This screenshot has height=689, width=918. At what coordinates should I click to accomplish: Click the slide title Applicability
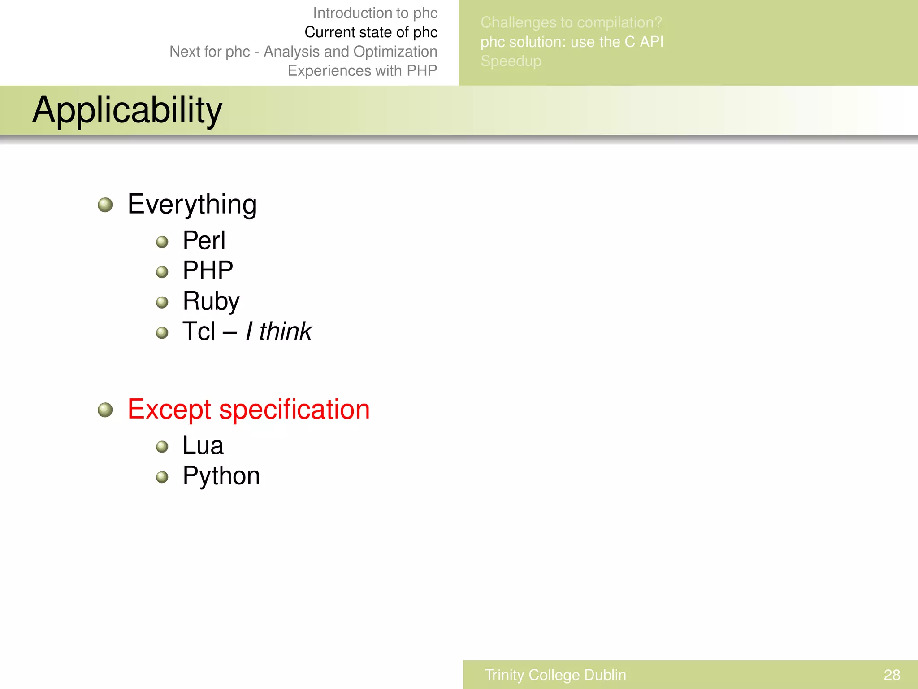(127, 110)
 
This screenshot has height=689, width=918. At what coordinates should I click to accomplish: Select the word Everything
(192, 205)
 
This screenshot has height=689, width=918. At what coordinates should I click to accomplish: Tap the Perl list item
(204, 240)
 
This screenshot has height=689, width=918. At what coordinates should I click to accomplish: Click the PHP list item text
(208, 270)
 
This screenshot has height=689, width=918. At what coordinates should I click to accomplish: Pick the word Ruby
(211, 301)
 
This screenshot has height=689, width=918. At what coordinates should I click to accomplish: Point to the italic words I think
(278, 331)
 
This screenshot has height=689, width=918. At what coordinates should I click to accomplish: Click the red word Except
(169, 410)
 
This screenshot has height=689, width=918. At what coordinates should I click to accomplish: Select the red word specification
(294, 410)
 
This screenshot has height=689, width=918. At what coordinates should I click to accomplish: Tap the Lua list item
(203, 445)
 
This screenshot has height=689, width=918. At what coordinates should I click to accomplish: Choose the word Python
(221, 476)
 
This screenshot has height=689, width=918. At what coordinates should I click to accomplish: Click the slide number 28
(892, 675)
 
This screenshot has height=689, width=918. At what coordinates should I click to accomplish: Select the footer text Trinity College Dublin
(555, 675)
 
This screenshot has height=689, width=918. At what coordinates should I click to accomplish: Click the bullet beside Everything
(105, 205)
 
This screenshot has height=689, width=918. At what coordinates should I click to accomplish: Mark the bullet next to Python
(162, 477)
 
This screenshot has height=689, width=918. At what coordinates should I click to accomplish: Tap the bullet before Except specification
(105, 410)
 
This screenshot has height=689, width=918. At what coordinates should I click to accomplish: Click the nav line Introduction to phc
(375, 13)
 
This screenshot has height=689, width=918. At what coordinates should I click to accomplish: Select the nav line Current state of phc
(371, 32)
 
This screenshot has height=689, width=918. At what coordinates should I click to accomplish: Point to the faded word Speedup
(511, 61)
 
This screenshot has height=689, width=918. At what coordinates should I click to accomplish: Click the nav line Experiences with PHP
(362, 71)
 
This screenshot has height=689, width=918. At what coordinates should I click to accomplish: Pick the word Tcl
(199, 331)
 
